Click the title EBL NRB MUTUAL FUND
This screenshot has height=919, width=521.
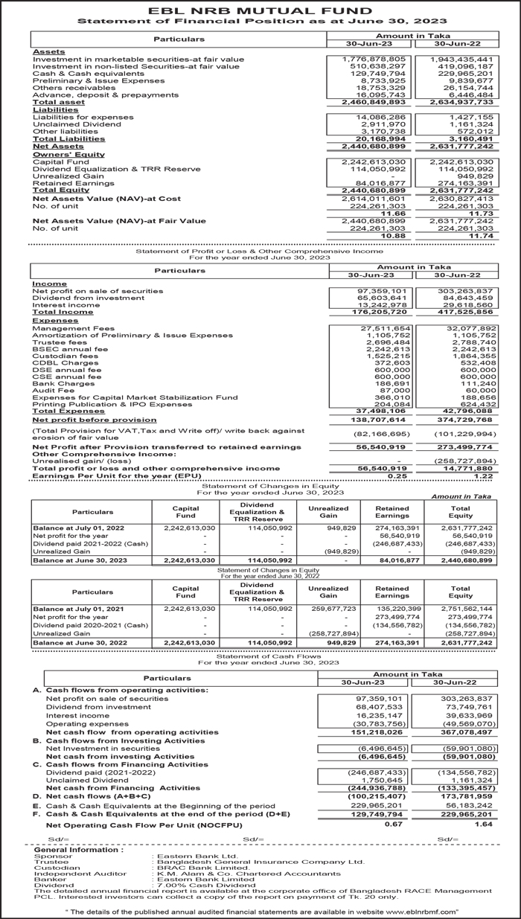coord(260,10)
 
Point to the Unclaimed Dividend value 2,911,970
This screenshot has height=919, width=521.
coord(384,124)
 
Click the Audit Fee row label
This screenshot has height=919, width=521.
coord(54,390)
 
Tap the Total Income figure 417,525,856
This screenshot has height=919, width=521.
coord(467,312)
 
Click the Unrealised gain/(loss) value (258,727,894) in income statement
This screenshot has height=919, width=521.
coord(467,461)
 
